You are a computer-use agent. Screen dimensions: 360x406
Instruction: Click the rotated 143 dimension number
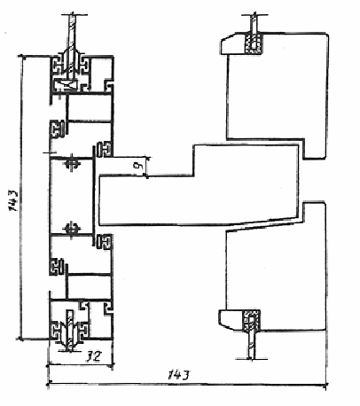[14, 200]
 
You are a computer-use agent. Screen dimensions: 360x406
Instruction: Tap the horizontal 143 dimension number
[178, 375]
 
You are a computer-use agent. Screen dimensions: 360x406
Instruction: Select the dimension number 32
[93, 356]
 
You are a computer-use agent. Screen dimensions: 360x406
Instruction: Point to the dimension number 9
[137, 166]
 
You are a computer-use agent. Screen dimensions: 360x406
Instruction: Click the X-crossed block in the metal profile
[67, 86]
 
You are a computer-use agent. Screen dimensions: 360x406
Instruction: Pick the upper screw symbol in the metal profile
[72, 164]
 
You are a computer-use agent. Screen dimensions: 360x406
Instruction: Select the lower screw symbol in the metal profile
[72, 228]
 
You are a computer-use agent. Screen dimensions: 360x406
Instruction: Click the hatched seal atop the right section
[254, 43]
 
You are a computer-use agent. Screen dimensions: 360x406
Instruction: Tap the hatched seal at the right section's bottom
[251, 320]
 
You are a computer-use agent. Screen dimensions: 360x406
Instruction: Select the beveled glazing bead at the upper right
[231, 43]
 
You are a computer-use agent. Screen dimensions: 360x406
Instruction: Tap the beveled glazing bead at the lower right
[231, 320]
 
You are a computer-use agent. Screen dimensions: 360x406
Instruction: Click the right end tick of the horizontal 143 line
[326, 385]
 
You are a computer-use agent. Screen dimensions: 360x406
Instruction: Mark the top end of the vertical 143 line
[21, 56]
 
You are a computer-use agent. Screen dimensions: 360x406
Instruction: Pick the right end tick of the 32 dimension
[112, 366]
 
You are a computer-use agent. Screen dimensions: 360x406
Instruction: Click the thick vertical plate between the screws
[94, 196]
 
